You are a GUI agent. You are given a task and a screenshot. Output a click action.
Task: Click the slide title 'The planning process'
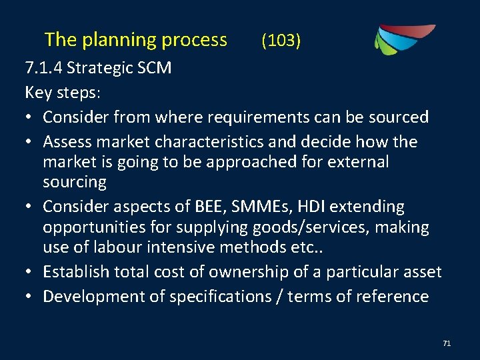[x=135, y=40]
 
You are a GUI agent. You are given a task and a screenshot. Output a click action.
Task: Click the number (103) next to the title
[x=281, y=41]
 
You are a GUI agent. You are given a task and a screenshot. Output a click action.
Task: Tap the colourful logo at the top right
[x=403, y=39]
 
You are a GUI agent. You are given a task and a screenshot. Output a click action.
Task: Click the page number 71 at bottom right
[x=447, y=343]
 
